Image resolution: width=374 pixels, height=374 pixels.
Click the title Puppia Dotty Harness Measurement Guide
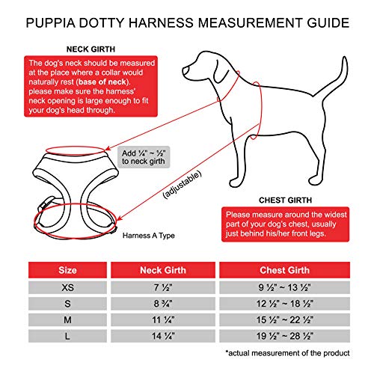[187, 22]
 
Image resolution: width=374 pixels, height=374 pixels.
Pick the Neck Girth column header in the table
[162, 269]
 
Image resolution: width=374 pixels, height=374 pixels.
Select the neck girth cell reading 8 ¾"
[162, 304]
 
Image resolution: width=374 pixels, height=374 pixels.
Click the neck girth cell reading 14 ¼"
[162, 336]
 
